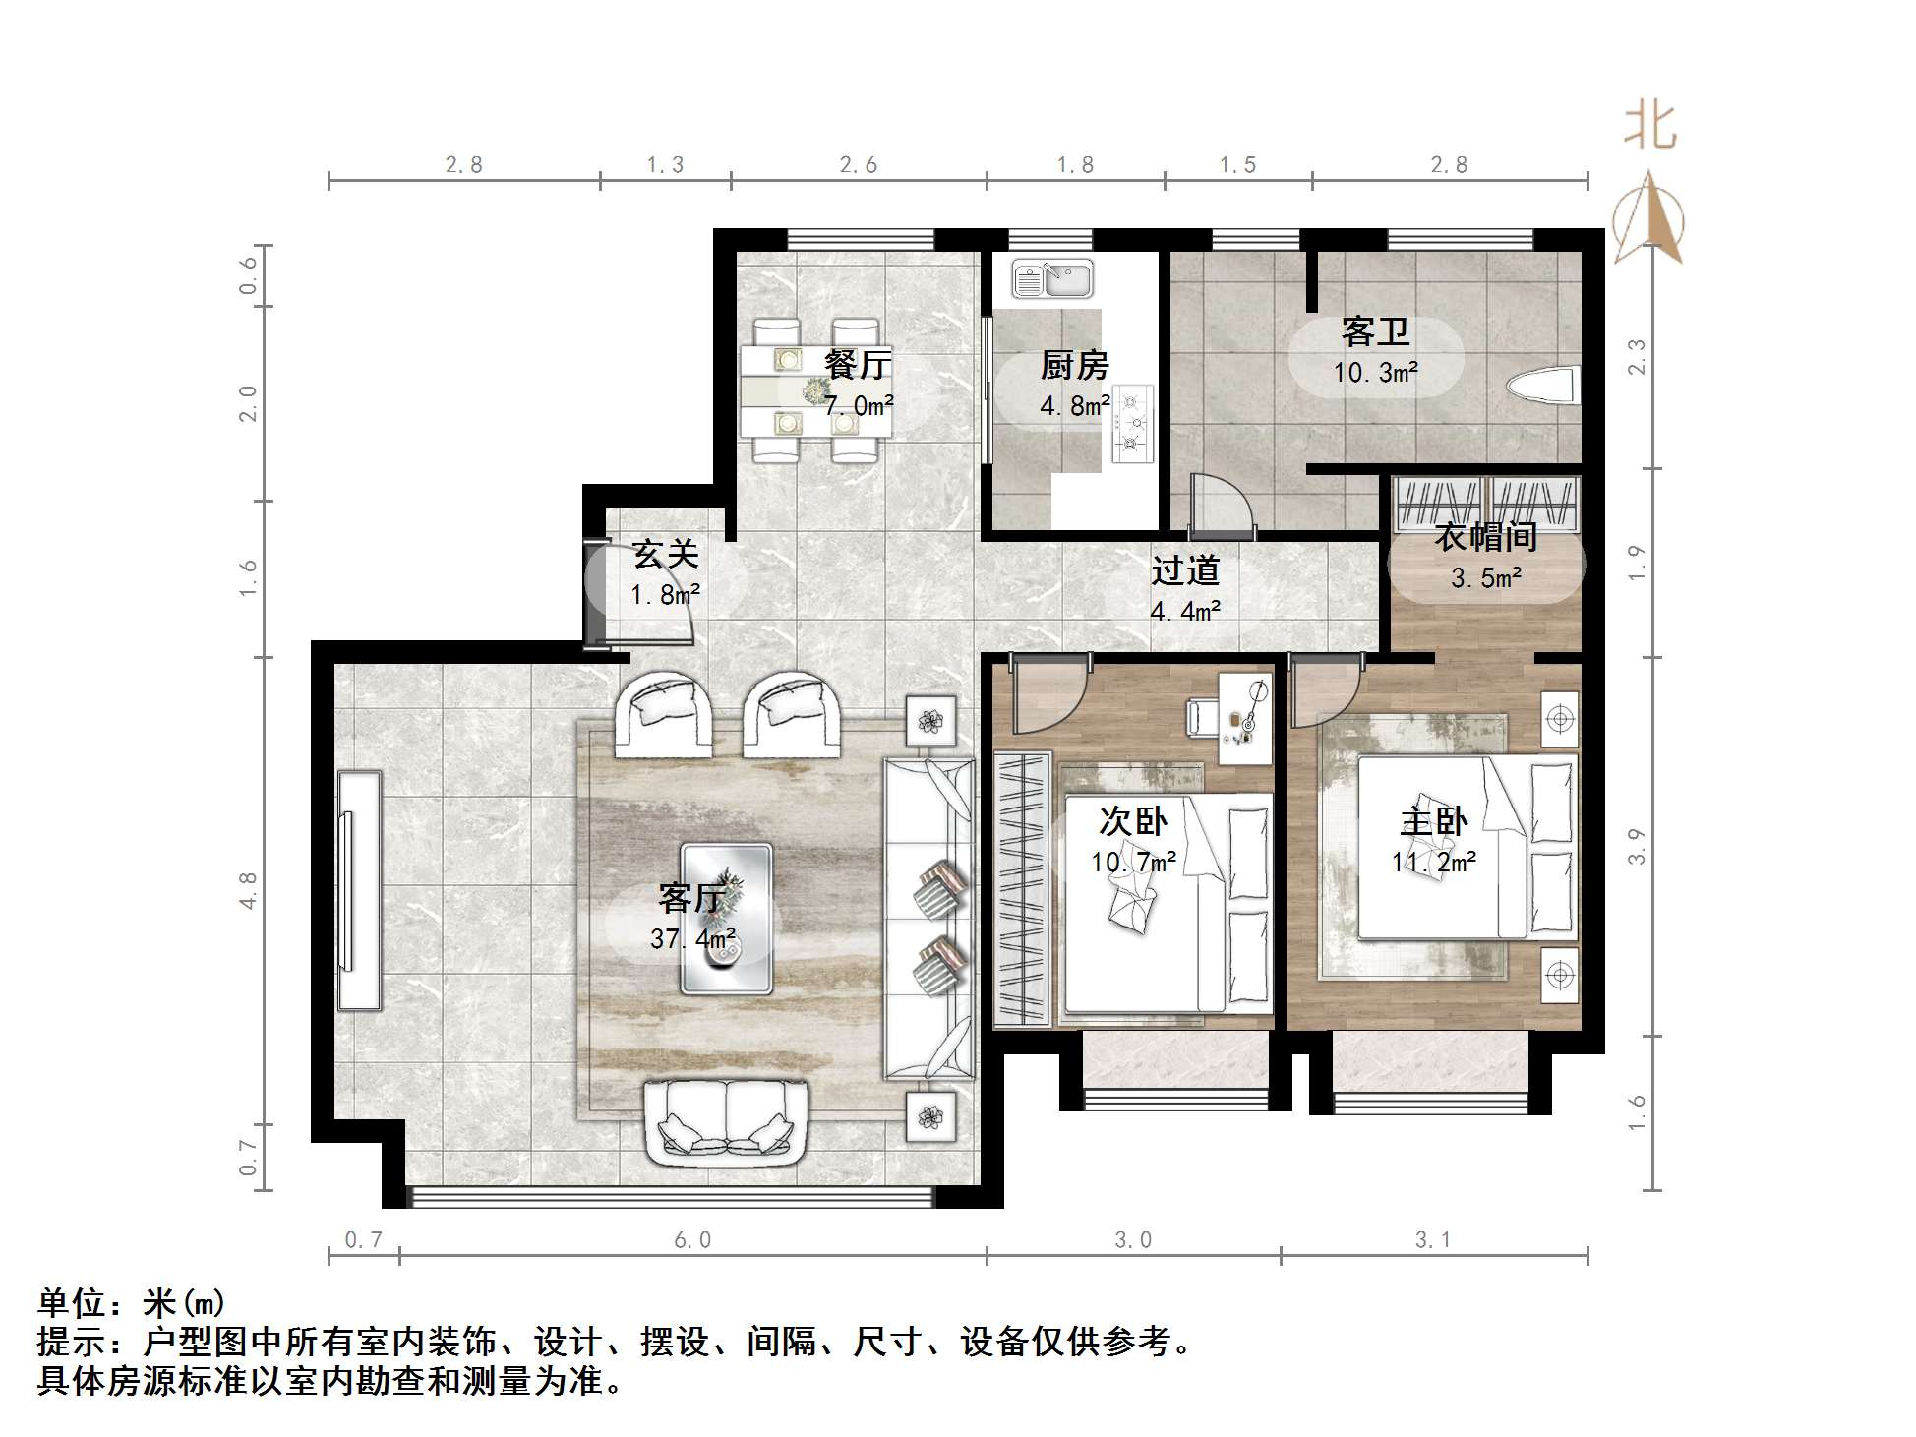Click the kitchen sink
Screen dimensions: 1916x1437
click(x=1052, y=278)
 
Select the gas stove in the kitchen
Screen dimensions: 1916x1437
click(x=1132, y=424)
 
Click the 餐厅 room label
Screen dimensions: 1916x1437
click(x=858, y=365)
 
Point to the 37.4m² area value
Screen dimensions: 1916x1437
click(x=692, y=939)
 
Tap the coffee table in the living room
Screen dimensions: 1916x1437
click(x=727, y=918)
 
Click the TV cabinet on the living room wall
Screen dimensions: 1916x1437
click(x=359, y=891)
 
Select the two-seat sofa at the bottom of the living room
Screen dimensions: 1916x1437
click(x=726, y=1118)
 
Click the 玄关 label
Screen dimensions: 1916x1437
click(x=666, y=555)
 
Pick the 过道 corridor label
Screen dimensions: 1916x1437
click(x=1185, y=570)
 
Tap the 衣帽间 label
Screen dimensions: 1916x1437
click(x=1485, y=537)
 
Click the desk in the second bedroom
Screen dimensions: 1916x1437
click(x=1245, y=718)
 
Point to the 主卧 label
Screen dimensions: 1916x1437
click(x=1433, y=821)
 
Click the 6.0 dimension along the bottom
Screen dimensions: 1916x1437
click(x=692, y=1240)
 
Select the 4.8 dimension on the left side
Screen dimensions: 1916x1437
click(x=248, y=890)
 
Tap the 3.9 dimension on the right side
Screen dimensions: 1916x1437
click(x=1636, y=846)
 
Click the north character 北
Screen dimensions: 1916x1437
click(x=1649, y=127)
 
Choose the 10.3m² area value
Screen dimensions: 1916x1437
click(x=1375, y=373)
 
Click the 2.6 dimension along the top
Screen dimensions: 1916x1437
click(x=859, y=165)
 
